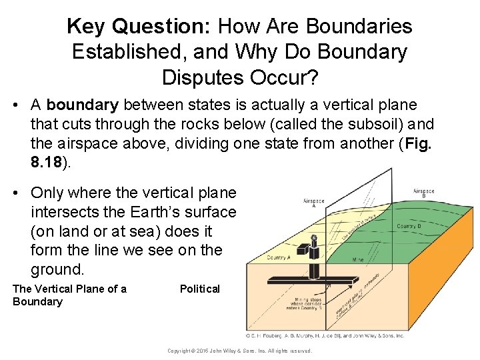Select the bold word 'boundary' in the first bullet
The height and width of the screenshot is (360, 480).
(x=83, y=105)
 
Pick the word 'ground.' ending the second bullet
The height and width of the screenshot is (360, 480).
(x=57, y=270)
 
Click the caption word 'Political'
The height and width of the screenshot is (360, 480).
(x=199, y=289)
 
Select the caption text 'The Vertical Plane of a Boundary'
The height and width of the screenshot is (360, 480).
(x=69, y=295)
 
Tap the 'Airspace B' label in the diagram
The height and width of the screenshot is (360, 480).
(x=425, y=193)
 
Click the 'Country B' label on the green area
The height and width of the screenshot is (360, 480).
(x=409, y=226)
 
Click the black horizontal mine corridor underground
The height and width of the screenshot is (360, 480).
(x=313, y=280)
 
